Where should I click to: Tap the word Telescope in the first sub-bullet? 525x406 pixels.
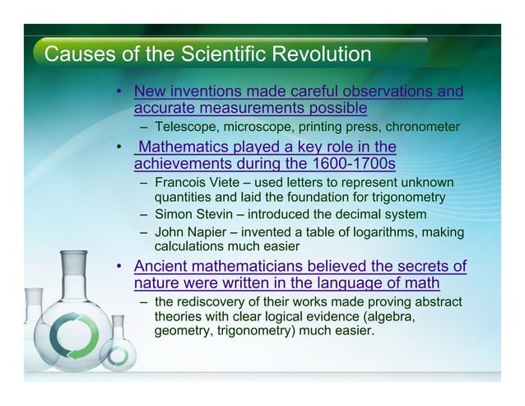coord(184,126)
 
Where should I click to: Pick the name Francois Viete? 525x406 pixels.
coord(194,182)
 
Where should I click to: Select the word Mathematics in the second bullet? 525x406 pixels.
coord(182,147)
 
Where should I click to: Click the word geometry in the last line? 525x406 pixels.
coord(184,331)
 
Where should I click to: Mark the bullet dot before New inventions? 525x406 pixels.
coord(120,91)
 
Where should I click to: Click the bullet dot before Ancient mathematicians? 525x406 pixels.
coord(120,267)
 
